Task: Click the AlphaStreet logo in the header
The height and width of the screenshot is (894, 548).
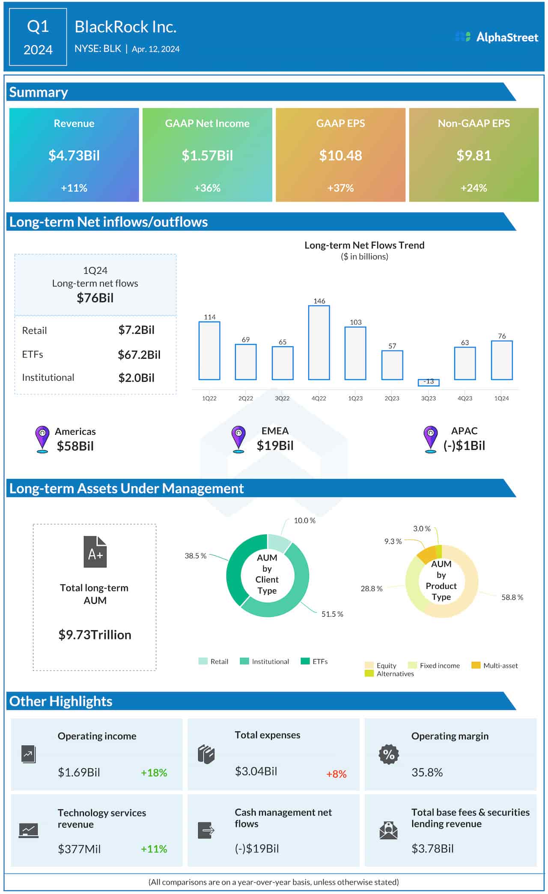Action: [496, 37]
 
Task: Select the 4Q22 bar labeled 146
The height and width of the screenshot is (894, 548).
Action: [319, 342]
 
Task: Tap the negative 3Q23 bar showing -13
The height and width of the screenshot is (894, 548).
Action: [428, 382]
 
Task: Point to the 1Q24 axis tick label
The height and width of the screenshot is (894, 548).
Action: [501, 398]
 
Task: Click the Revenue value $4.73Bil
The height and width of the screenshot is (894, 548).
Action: [74, 155]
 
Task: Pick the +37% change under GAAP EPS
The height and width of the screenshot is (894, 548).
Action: [340, 188]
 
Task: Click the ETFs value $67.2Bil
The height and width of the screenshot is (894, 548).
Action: [139, 354]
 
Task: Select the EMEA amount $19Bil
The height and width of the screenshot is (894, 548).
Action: [275, 446]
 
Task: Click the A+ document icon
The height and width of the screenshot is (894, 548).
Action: [95, 552]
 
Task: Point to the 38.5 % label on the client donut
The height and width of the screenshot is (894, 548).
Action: [195, 556]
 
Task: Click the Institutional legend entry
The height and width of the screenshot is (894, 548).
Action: [265, 661]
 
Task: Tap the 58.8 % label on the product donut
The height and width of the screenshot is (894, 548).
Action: [512, 597]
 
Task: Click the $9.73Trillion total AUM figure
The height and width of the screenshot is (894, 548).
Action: [95, 634]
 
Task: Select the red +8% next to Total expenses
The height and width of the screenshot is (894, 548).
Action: [336, 774]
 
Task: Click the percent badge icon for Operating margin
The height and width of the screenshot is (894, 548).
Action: [388, 754]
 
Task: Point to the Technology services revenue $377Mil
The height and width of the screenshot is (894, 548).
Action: [79, 849]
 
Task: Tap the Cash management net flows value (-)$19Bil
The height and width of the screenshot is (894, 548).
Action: [256, 848]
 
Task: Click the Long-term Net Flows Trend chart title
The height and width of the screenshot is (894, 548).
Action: [364, 245]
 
